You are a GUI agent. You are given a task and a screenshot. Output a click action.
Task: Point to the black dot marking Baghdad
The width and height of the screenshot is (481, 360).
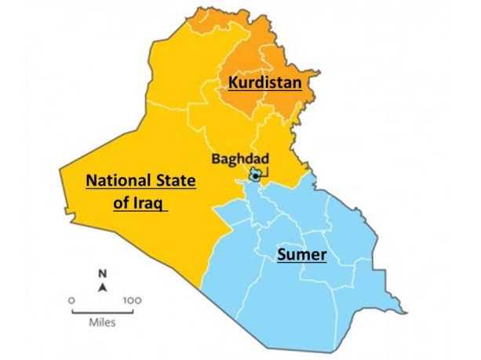[255, 176]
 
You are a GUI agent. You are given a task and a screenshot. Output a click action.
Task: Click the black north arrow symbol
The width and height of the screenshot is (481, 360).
[102, 288]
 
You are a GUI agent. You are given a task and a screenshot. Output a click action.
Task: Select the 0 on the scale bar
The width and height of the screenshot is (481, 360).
[72, 300]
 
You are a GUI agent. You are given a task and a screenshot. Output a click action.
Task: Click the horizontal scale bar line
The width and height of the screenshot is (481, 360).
[102, 311]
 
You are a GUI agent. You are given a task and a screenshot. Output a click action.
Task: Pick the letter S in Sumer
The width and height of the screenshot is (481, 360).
[281, 255]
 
